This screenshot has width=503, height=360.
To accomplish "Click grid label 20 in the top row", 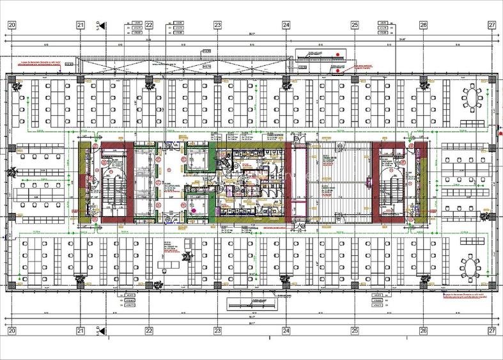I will [12, 25].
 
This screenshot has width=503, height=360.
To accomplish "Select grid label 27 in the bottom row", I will [491, 331].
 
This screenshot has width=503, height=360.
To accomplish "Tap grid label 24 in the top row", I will [286, 25].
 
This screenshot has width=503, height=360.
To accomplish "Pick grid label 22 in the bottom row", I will [149, 331].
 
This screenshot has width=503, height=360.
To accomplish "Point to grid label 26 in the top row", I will [423, 25].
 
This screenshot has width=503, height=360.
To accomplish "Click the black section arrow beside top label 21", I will [102, 25].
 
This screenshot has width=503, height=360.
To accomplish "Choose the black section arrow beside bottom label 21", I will [102, 331].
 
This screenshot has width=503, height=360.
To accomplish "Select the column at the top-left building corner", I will [12, 79].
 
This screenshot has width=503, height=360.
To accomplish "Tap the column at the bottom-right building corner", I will [491, 285].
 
